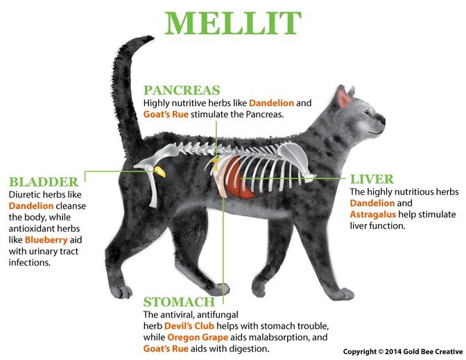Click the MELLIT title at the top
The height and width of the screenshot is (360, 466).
click(233, 24)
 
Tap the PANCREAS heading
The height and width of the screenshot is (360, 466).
click(182, 90)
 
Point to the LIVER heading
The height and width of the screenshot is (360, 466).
click(372, 178)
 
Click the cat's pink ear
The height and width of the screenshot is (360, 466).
click(343, 97)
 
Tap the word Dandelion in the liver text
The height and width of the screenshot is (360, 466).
click(372, 203)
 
